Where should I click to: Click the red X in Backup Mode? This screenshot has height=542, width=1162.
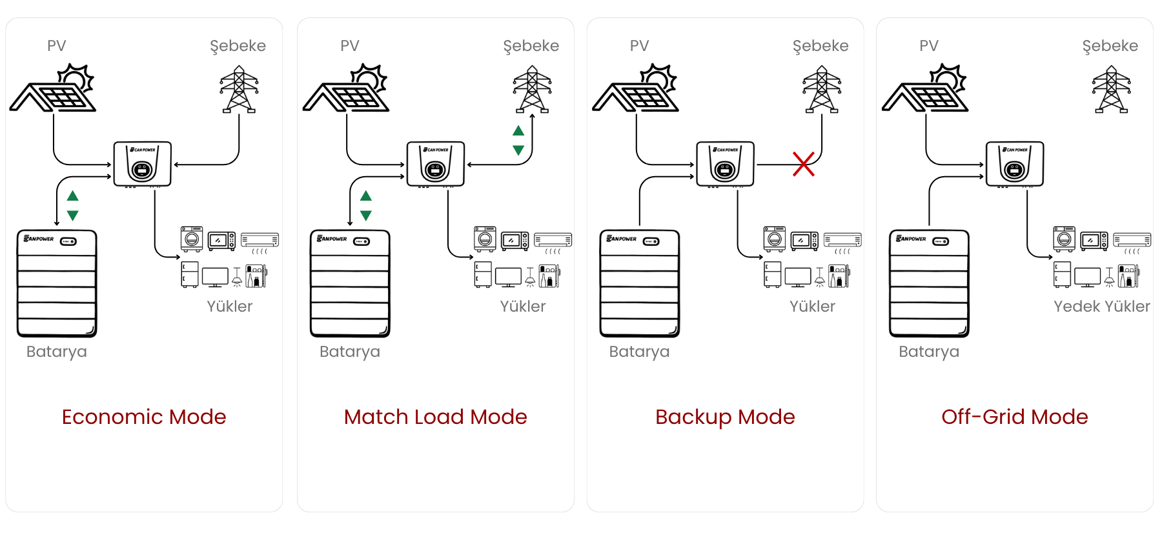tap(803, 164)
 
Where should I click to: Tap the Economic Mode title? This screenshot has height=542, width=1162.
tap(144, 417)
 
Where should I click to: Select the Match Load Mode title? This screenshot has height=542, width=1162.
tap(435, 417)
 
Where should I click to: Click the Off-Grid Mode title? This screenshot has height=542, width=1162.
tap(1014, 417)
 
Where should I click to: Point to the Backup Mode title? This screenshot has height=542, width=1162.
tap(725, 417)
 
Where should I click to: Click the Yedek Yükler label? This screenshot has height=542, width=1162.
tap(1101, 306)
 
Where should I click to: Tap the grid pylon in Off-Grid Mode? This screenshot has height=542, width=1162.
tap(1111, 90)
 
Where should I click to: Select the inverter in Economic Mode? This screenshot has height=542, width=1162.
tap(143, 165)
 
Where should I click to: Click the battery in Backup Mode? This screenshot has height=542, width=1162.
tap(639, 283)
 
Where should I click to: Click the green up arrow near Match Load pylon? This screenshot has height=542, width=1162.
tap(518, 131)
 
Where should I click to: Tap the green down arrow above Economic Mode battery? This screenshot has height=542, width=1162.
tap(73, 216)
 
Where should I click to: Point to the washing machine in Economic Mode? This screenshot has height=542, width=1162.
tap(192, 239)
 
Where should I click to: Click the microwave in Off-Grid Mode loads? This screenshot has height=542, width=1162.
tap(1094, 241)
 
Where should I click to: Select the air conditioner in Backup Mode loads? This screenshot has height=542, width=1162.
tap(842, 241)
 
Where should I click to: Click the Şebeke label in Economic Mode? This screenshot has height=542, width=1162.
tap(238, 46)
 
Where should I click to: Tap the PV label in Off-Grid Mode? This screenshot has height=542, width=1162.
tap(928, 46)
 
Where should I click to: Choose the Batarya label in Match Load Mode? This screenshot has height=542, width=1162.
tap(349, 352)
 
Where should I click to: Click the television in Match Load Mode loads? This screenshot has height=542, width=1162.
tap(508, 277)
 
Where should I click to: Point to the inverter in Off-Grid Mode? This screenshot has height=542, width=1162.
tap(1014, 165)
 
